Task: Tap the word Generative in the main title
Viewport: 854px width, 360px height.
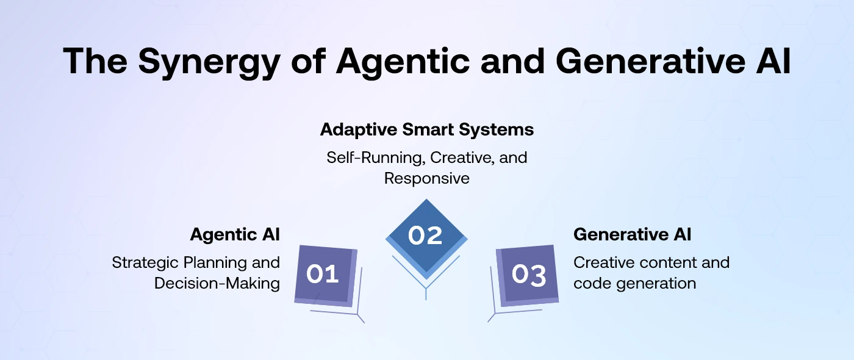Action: [650, 61]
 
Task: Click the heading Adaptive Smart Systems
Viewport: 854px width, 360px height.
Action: [427, 130]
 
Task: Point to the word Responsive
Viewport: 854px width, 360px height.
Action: [427, 178]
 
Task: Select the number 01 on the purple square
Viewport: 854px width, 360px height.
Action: [322, 274]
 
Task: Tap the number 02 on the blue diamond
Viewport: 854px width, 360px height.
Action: [425, 236]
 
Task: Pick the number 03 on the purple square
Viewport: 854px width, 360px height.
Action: [529, 275]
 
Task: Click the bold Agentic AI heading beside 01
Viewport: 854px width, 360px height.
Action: [235, 234]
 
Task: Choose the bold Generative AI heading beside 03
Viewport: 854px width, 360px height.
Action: [632, 234]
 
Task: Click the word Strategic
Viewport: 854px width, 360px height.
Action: [146, 263]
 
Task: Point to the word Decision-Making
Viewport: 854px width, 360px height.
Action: [217, 284]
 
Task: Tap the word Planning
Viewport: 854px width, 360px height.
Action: [215, 263]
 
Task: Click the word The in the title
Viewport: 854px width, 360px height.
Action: [95, 61]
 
